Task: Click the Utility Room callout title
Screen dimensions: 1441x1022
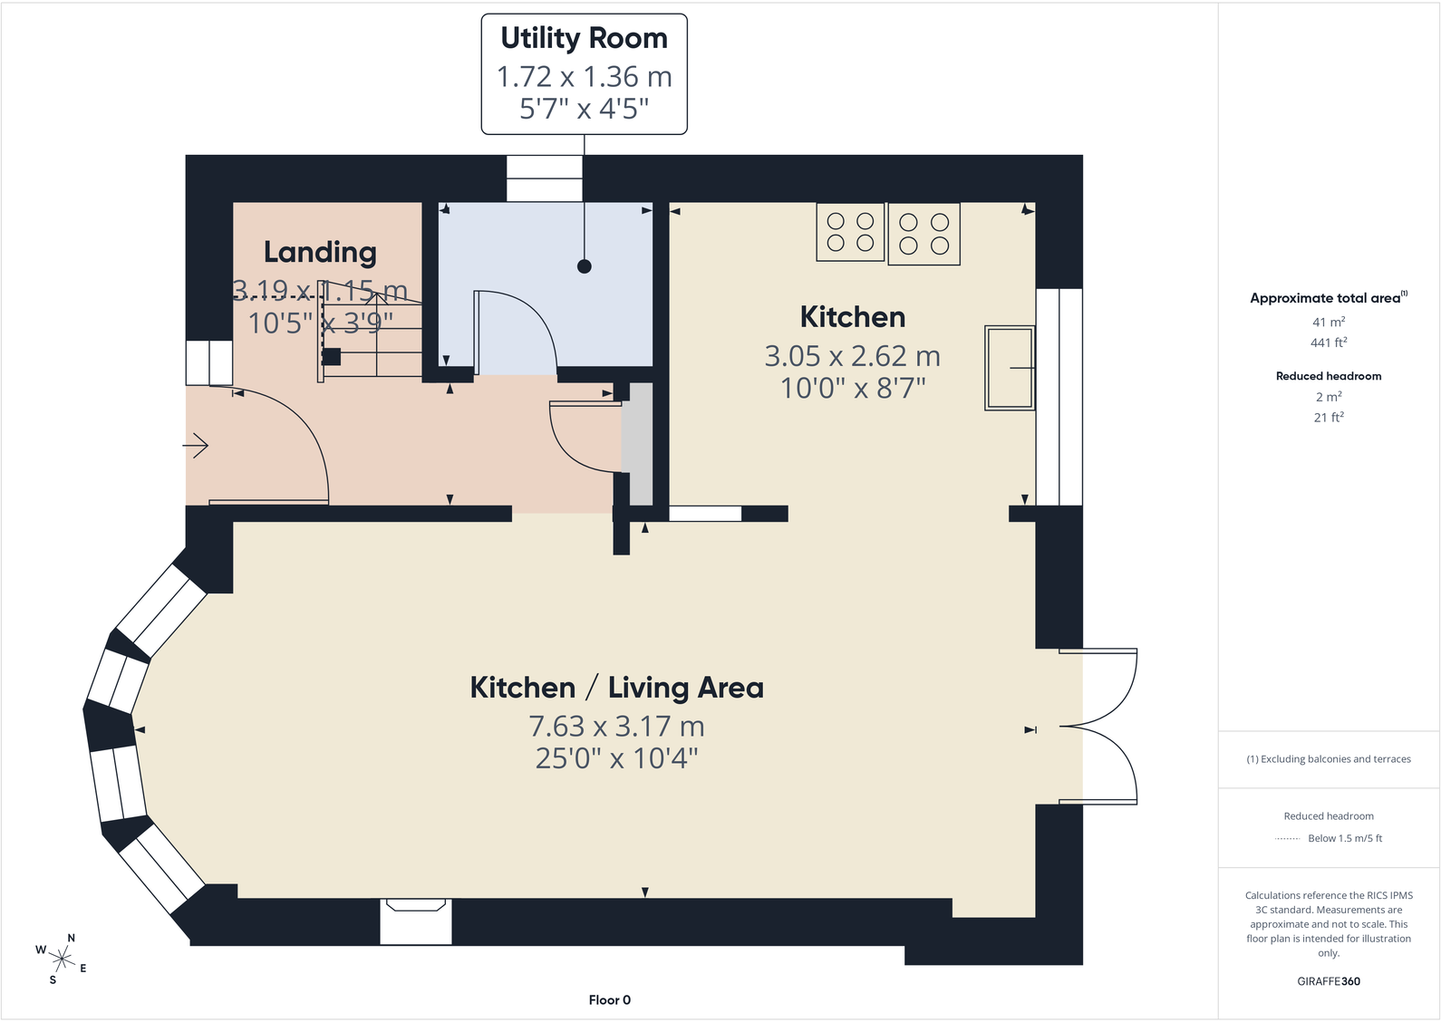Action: (585, 39)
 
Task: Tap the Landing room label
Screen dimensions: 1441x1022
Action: (320, 252)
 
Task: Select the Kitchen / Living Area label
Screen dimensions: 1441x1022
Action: (617, 688)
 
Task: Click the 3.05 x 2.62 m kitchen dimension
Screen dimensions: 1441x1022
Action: (853, 356)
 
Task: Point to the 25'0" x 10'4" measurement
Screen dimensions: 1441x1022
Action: (617, 758)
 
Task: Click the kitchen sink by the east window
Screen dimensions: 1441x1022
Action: (1010, 368)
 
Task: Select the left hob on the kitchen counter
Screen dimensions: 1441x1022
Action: (850, 232)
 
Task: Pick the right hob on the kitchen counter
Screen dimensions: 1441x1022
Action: (924, 234)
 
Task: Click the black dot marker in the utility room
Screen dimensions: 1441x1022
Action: (585, 266)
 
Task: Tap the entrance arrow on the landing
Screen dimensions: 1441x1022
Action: (196, 445)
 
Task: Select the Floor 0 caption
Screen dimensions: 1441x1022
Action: (610, 999)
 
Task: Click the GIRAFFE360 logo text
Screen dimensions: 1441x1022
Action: (1329, 981)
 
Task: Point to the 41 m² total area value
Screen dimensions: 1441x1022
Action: (1329, 322)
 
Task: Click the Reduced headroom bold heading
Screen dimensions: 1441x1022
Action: (1329, 376)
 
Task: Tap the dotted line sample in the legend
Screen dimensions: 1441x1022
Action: (1287, 839)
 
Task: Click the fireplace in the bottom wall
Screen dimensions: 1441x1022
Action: (416, 921)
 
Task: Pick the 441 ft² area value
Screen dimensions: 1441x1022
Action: (1329, 342)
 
